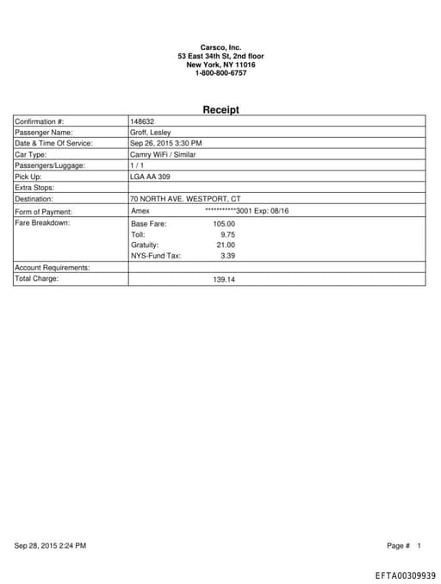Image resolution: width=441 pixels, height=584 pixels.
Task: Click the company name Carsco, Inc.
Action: tap(220, 47)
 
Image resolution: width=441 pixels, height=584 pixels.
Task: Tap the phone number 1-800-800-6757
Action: tap(220, 73)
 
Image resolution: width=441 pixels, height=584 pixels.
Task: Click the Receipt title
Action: tap(220, 110)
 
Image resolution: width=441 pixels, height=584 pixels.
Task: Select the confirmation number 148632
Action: tap(142, 121)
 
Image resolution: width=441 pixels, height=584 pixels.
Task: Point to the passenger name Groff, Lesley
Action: tap(150, 133)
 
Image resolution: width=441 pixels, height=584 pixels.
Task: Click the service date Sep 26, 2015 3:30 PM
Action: tap(166, 143)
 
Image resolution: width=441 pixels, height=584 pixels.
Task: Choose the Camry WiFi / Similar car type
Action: tap(163, 154)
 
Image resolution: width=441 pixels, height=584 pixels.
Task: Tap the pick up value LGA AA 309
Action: tap(150, 176)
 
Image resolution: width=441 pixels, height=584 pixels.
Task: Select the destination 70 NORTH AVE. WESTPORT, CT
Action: tap(185, 198)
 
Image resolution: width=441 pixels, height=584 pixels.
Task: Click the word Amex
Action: tap(140, 210)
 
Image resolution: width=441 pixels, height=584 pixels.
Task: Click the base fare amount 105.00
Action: tap(224, 224)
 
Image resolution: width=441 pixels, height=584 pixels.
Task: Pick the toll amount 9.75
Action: tap(228, 234)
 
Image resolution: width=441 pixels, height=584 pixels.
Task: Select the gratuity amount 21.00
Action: tap(226, 245)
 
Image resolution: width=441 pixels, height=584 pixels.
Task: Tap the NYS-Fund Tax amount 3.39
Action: tap(228, 255)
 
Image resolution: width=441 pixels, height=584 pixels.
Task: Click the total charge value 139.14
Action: tap(224, 279)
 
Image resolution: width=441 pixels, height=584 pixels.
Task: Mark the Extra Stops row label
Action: tap(35, 187)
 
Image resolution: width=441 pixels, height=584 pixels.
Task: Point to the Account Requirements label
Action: tap(53, 268)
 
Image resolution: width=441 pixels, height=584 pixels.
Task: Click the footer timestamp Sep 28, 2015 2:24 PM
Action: tap(51, 545)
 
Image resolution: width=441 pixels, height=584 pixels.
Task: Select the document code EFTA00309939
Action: tap(406, 575)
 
